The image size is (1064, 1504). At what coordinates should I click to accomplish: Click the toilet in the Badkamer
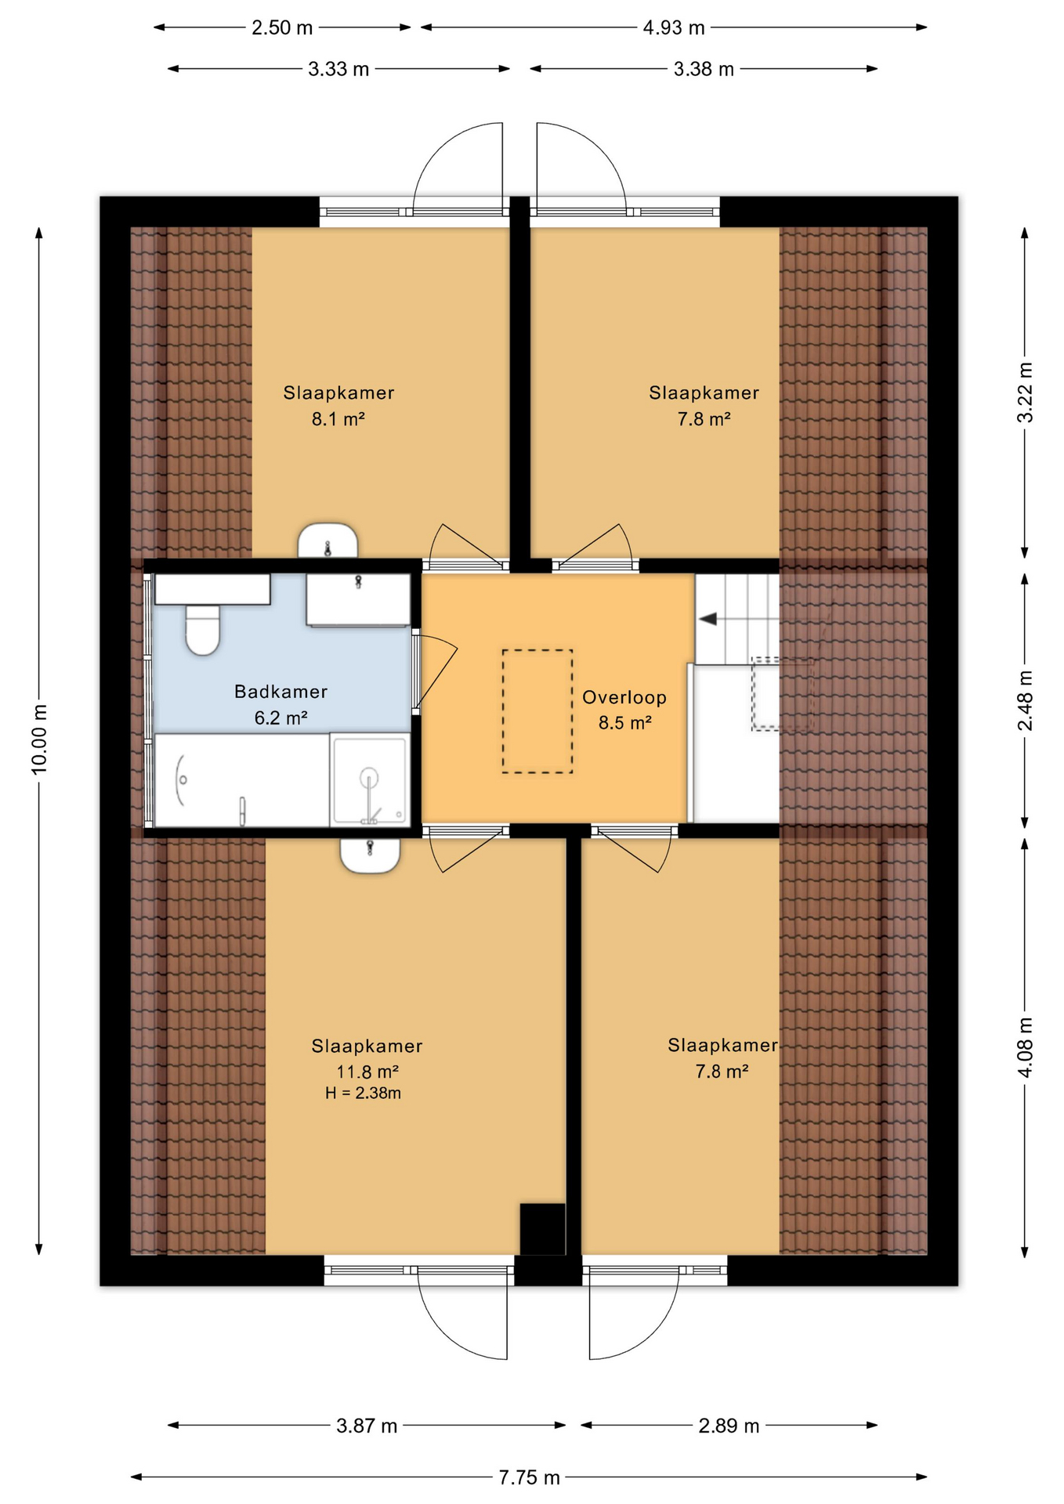(203, 628)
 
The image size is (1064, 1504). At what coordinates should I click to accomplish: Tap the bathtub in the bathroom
(241, 780)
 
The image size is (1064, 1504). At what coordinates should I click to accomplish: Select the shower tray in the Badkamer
(370, 780)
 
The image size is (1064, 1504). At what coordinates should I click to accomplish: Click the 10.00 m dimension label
(39, 739)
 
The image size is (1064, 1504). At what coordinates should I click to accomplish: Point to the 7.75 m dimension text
(530, 1477)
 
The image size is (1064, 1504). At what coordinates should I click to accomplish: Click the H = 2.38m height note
(363, 1093)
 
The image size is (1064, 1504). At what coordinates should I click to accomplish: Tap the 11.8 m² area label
(367, 1071)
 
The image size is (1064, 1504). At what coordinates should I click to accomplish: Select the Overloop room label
(624, 697)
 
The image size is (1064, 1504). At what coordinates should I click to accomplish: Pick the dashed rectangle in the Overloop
(537, 711)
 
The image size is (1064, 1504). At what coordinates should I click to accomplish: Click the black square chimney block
(543, 1229)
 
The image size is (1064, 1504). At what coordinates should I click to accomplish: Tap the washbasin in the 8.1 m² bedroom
(328, 540)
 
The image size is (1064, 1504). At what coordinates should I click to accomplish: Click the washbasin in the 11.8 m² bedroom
(370, 855)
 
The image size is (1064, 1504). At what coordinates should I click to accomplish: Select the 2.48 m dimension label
(1025, 700)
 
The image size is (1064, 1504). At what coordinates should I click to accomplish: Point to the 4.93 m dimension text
(674, 28)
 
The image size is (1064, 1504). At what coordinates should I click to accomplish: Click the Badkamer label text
(280, 692)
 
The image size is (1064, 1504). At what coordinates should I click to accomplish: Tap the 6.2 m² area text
(280, 718)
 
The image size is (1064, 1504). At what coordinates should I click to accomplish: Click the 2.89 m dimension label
(729, 1426)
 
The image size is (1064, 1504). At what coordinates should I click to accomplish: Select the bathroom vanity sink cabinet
(358, 599)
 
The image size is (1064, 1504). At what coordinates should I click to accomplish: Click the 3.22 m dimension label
(1025, 392)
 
